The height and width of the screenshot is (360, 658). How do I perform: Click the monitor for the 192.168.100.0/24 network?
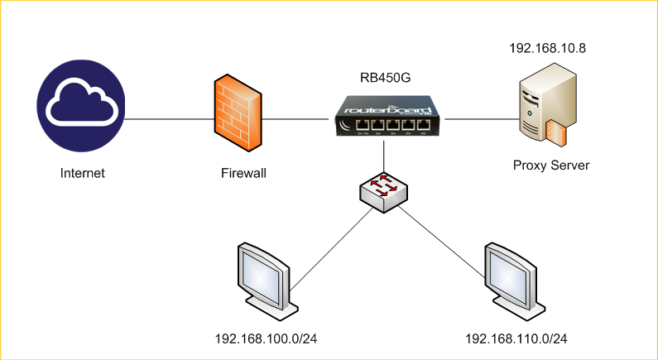[x=264, y=277]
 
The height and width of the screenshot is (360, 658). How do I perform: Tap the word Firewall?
[x=244, y=174]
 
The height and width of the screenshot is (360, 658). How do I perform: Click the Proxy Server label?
[x=551, y=166]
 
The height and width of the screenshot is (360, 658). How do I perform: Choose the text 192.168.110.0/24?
[x=516, y=339]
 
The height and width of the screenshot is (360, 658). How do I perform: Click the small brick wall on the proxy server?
[x=557, y=132]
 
